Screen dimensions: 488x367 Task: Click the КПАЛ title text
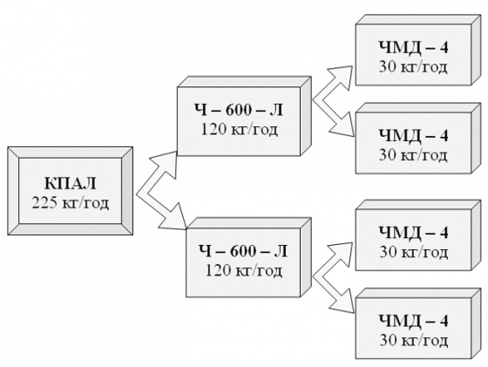pos(71,183)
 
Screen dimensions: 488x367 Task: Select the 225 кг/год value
pos(71,203)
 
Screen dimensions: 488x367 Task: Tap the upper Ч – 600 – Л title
pos(239,110)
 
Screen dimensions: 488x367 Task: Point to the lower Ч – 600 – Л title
pos(243,251)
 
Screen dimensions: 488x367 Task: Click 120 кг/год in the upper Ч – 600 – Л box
pos(239,129)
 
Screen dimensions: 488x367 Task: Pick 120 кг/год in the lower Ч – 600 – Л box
pos(244,270)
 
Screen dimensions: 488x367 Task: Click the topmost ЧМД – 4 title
pos(414,48)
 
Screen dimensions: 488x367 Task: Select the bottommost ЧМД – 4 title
pos(414,320)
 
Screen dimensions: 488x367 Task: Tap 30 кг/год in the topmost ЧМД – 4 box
pos(413,67)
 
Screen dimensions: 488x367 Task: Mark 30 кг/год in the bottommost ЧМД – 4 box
pos(414,340)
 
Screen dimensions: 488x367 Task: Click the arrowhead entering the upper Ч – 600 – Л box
pos(166,164)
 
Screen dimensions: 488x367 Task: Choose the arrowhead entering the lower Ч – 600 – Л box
pos(173,217)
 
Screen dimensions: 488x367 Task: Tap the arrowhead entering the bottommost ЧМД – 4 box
pos(342,301)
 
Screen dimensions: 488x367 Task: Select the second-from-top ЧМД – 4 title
pos(414,135)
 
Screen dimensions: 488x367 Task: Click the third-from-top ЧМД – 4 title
pos(414,232)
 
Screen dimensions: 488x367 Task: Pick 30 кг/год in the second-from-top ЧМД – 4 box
pos(413,154)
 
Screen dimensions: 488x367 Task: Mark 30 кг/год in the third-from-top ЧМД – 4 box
pos(414,252)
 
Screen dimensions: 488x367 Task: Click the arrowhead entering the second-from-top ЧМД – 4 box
pos(342,125)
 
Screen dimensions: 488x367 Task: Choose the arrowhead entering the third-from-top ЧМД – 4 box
pos(342,255)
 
